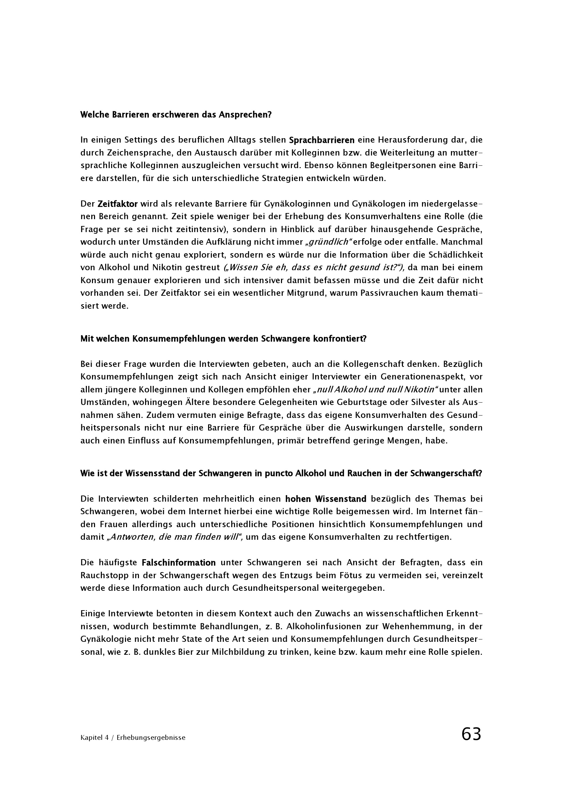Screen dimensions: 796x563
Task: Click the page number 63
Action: [471, 734]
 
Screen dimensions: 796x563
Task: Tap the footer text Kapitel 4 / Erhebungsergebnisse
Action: [133, 738]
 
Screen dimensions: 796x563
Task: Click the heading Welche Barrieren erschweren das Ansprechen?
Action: [176, 115]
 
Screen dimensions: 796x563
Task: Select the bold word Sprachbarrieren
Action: [322, 140]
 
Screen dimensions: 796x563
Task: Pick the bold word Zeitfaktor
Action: [118, 204]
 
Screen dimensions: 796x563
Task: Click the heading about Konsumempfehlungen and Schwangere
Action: [223, 339]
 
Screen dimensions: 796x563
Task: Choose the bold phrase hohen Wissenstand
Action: [326, 499]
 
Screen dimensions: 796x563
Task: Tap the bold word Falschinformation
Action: [179, 562]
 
